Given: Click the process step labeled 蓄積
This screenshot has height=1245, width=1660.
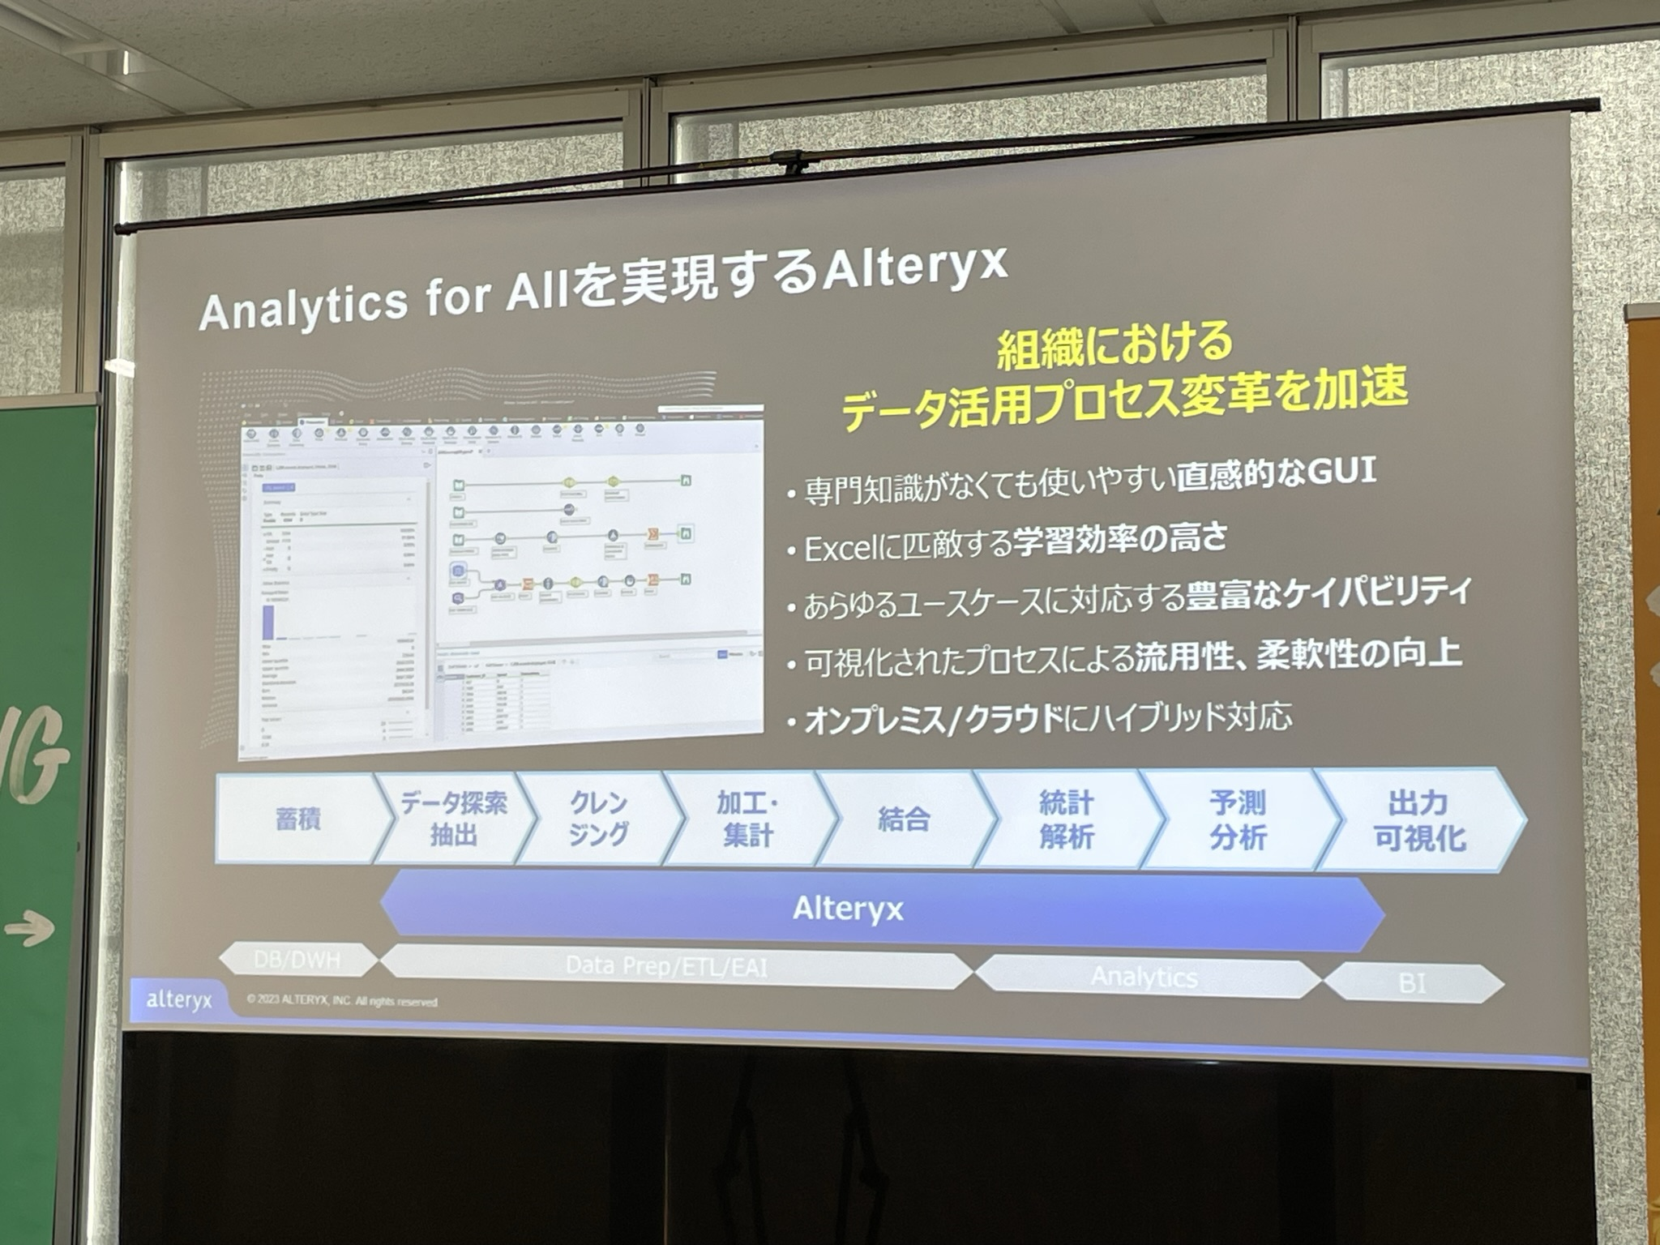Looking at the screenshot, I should click(298, 819).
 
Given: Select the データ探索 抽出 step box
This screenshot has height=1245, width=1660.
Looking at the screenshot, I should click(453, 819).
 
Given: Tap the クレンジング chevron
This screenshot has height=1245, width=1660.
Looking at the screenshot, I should click(598, 819).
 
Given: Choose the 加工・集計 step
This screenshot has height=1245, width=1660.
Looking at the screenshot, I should click(747, 819).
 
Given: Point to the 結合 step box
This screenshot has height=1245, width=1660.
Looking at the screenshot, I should click(904, 819).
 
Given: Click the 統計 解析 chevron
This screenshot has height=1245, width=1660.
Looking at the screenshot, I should click(1067, 820).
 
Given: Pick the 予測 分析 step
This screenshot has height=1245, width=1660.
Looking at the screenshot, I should click(1237, 821).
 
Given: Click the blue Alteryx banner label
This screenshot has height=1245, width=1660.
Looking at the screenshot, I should click(848, 909).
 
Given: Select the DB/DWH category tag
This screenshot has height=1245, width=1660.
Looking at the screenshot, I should click(297, 960).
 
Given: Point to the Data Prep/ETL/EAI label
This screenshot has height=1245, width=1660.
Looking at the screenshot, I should click(666, 966).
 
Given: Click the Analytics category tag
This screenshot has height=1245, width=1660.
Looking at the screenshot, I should click(1144, 978).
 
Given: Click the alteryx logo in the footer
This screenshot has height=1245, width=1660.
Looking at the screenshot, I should click(178, 1000).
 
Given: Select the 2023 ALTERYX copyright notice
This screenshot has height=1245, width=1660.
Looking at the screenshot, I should click(341, 1001).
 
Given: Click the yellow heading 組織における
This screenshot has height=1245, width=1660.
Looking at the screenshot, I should click(1115, 343).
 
